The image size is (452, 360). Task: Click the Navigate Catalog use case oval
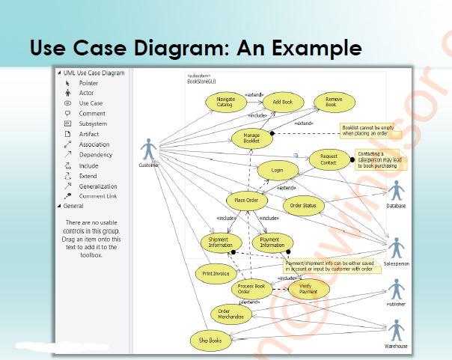point(225,103)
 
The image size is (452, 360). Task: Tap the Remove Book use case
point(329,103)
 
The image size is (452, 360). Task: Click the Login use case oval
point(277,171)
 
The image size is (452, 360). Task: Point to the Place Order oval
point(246,201)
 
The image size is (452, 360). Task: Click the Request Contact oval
point(328,159)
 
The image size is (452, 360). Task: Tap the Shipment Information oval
point(220,242)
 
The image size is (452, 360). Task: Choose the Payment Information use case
point(271,242)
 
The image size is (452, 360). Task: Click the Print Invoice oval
point(216,274)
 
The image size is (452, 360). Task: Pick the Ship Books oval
point(210,340)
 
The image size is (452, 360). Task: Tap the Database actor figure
point(396,191)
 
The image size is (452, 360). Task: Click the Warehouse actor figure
point(397,330)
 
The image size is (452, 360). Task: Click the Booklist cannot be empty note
point(367,131)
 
